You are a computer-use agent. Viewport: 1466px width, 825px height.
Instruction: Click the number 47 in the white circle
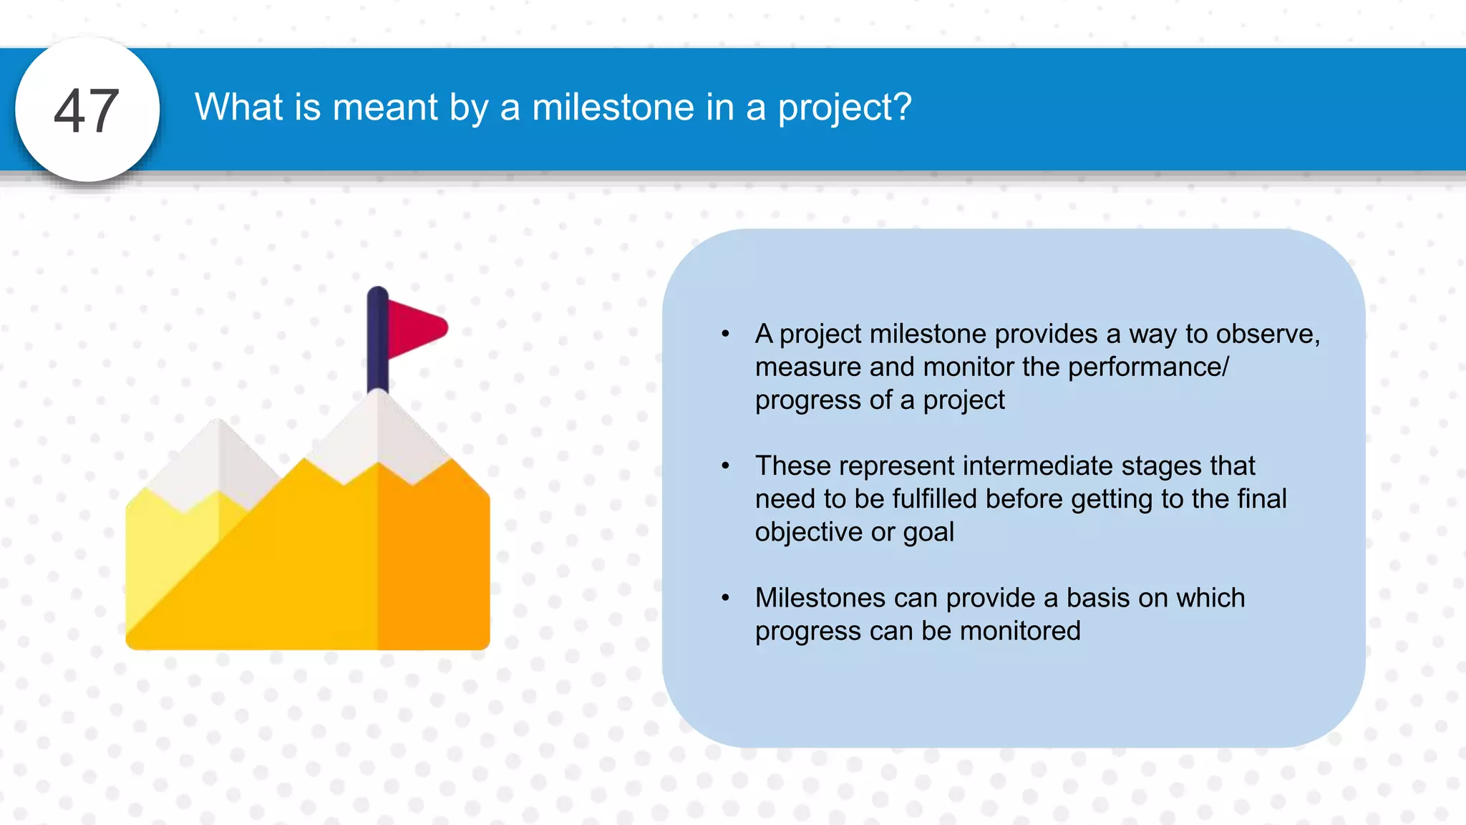click(x=87, y=111)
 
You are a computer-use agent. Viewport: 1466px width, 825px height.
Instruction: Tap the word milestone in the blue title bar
click(x=613, y=107)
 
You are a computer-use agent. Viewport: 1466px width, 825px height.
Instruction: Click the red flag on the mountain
click(x=415, y=328)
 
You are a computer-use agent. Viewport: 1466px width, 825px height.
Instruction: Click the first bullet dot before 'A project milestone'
click(x=725, y=334)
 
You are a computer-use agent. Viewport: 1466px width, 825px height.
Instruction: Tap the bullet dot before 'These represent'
click(x=725, y=466)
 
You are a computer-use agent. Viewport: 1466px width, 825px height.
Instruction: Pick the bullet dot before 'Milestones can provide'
click(x=725, y=598)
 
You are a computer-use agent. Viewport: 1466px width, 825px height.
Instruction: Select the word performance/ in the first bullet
click(x=1148, y=367)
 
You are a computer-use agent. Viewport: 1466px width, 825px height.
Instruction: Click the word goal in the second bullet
click(x=928, y=532)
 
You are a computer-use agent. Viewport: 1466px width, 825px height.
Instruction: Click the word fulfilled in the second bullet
click(x=931, y=499)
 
